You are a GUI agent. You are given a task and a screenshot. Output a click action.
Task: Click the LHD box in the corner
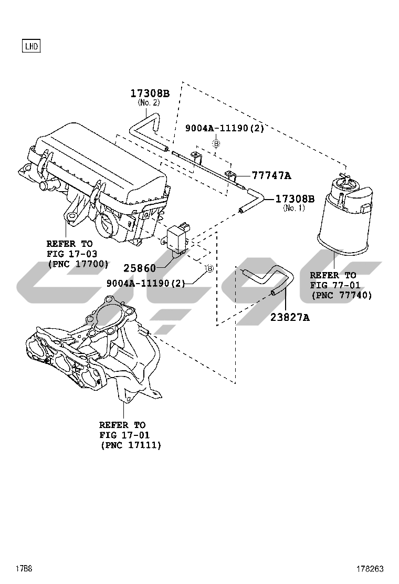(x=31, y=46)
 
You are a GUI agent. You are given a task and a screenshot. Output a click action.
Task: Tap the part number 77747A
(x=271, y=175)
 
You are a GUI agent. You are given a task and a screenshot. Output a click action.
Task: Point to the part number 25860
(x=140, y=268)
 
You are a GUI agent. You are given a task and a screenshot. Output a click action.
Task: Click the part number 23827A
(x=290, y=317)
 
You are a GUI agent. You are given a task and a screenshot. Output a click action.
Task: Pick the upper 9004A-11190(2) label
(x=225, y=128)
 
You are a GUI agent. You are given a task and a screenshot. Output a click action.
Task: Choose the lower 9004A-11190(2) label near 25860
(x=145, y=283)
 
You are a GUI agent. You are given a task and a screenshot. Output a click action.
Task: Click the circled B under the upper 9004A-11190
(x=216, y=143)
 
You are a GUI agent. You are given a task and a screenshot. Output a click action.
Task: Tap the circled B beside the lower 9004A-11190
(x=210, y=268)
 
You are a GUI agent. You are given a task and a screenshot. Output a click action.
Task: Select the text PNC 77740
(x=342, y=295)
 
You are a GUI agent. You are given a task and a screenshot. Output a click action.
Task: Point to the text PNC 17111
(x=131, y=445)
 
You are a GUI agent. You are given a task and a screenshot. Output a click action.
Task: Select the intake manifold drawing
(x=93, y=354)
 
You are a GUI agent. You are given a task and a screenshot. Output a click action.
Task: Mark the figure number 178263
(x=370, y=569)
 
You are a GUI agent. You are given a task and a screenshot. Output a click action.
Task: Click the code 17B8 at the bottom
(x=24, y=569)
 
